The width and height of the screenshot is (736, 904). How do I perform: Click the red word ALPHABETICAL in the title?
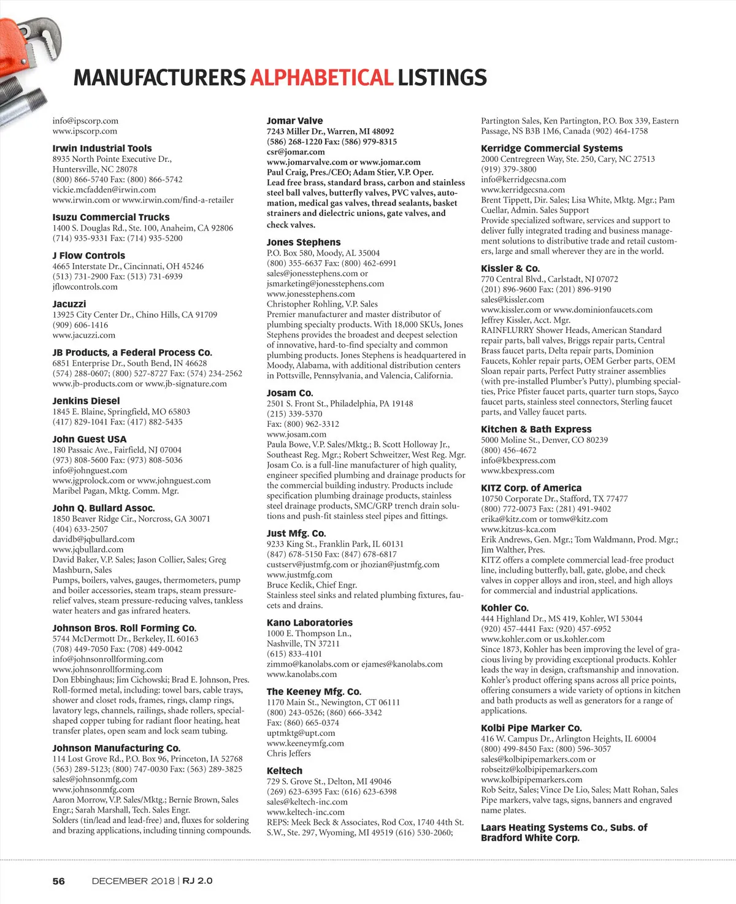point(321,78)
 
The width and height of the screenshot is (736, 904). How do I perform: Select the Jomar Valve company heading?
point(294,121)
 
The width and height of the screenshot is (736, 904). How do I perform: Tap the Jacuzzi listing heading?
point(69,304)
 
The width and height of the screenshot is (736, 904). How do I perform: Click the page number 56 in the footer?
point(58,881)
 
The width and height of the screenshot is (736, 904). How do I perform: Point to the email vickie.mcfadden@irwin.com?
point(104,190)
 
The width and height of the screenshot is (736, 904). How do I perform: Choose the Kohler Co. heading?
point(504,608)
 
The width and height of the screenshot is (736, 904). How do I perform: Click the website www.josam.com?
point(296,434)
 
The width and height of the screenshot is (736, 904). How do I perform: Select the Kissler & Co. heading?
point(510,269)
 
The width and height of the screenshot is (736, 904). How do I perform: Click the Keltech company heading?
point(285,771)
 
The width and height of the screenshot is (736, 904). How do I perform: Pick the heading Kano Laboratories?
point(310,622)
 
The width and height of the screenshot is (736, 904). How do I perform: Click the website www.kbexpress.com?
point(517,470)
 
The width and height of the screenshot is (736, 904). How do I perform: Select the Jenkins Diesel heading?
point(86,401)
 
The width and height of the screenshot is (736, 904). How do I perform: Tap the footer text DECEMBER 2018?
point(133,881)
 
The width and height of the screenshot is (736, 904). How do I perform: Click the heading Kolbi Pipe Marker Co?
point(531,728)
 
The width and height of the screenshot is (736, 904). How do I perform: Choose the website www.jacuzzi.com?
point(84,335)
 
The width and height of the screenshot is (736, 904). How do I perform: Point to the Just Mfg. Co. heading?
point(296,534)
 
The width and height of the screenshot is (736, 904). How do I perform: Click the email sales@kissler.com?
point(512,299)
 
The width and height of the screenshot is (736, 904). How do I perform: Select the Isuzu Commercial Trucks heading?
point(111,217)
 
